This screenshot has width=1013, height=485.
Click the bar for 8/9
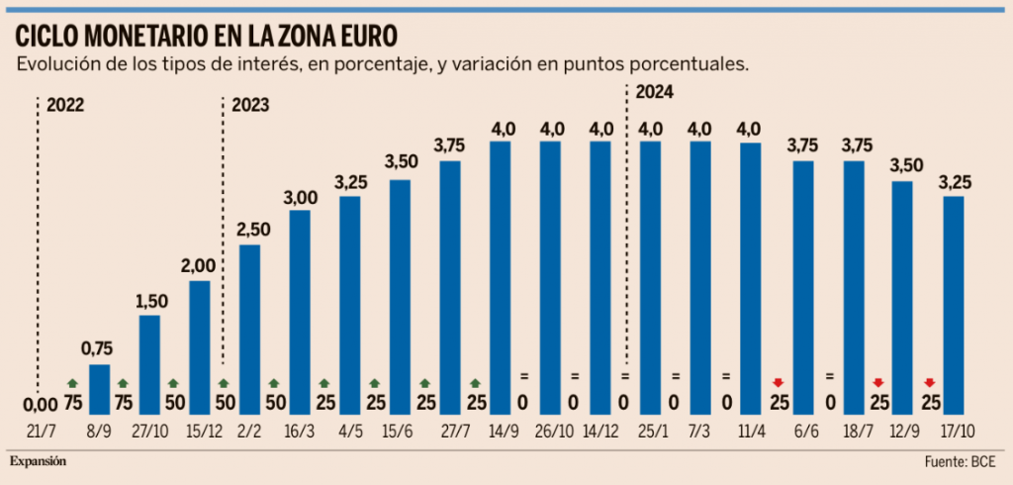pyautogui.click(x=100, y=391)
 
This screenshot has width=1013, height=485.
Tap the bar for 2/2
pyautogui.click(x=250, y=331)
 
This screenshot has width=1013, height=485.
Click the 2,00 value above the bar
pyautogui.click(x=200, y=265)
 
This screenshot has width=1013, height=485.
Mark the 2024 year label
pyautogui.click(x=655, y=93)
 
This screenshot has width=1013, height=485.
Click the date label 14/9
pyautogui.click(x=502, y=432)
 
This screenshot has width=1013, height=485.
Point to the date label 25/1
pyautogui.click(x=651, y=432)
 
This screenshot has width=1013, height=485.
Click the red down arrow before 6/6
pyautogui.click(x=779, y=383)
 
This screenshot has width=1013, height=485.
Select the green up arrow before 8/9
pyautogui.click(x=71, y=383)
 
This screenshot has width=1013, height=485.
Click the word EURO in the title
pyautogui.click(x=360, y=36)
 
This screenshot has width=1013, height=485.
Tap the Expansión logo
pyautogui.click(x=40, y=461)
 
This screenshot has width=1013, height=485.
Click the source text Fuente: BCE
pyautogui.click(x=959, y=462)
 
